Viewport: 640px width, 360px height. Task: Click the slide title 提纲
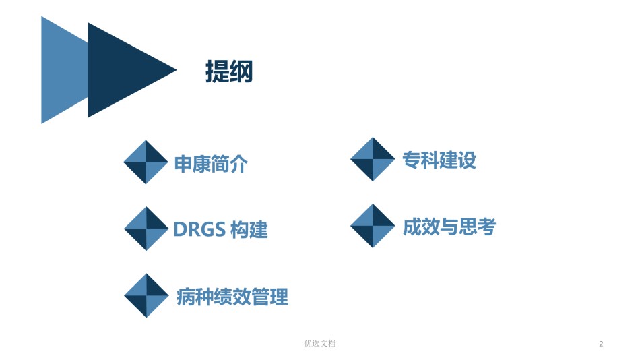(229, 71)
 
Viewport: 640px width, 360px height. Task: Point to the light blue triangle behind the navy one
(63, 70)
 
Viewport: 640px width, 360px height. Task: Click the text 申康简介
(211, 164)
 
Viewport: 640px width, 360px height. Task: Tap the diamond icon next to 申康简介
(146, 162)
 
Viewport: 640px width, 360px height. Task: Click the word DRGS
(199, 229)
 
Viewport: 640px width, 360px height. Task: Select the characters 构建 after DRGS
(249, 230)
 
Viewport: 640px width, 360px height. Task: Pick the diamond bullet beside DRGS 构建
(146, 229)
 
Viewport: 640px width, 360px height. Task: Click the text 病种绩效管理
(232, 297)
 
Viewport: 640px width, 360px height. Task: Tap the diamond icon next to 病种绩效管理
(146, 295)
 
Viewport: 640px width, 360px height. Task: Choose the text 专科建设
(439, 160)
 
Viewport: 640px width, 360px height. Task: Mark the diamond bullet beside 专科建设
(373, 159)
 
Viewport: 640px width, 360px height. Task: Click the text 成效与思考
(449, 227)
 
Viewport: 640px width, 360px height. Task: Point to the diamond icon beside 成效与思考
(373, 226)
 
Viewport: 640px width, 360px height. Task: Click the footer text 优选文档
(320, 344)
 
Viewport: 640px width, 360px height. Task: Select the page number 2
(601, 344)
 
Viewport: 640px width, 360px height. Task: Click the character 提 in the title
(217, 71)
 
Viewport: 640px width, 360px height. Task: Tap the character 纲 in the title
(241, 71)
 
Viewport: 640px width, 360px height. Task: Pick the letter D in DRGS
(180, 229)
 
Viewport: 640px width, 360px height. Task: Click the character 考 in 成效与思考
(487, 227)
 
